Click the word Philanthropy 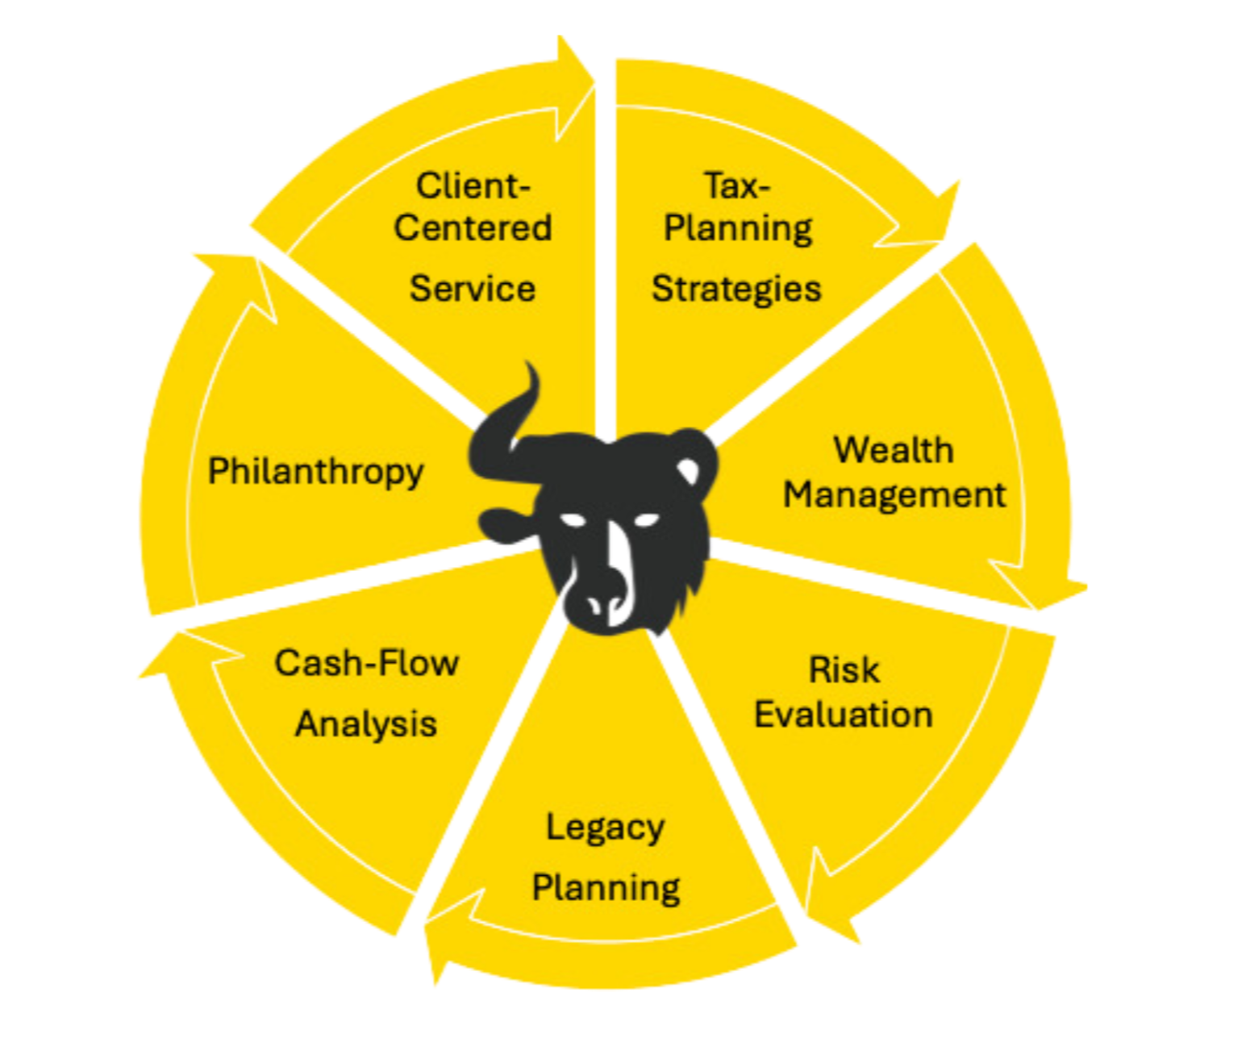(315, 471)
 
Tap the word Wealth (893, 450)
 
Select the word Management (894, 494)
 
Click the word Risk (844, 670)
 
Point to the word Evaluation (843, 715)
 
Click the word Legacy (605, 828)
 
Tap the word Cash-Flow (366, 663)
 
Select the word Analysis (365, 723)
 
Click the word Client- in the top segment (473, 186)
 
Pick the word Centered (473, 227)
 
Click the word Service (473, 289)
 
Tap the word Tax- (737, 186)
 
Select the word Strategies (736, 289)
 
